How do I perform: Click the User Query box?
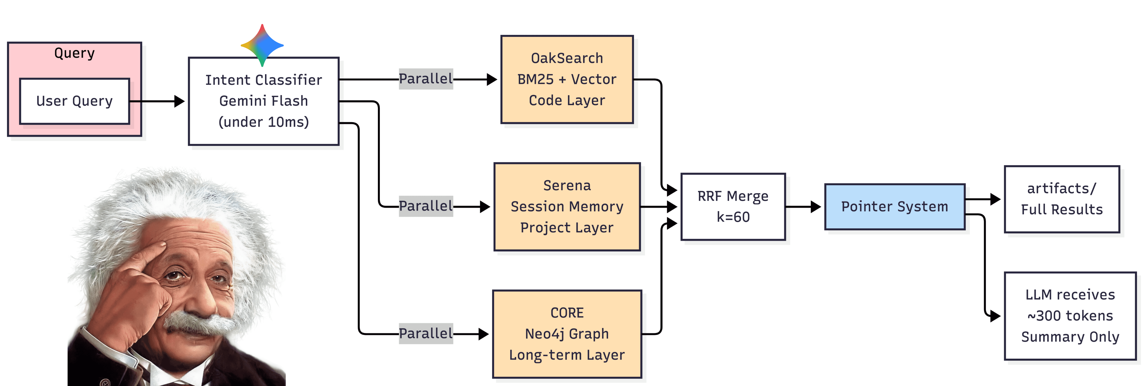[75, 101]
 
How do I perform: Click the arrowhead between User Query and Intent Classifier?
[179, 101]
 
